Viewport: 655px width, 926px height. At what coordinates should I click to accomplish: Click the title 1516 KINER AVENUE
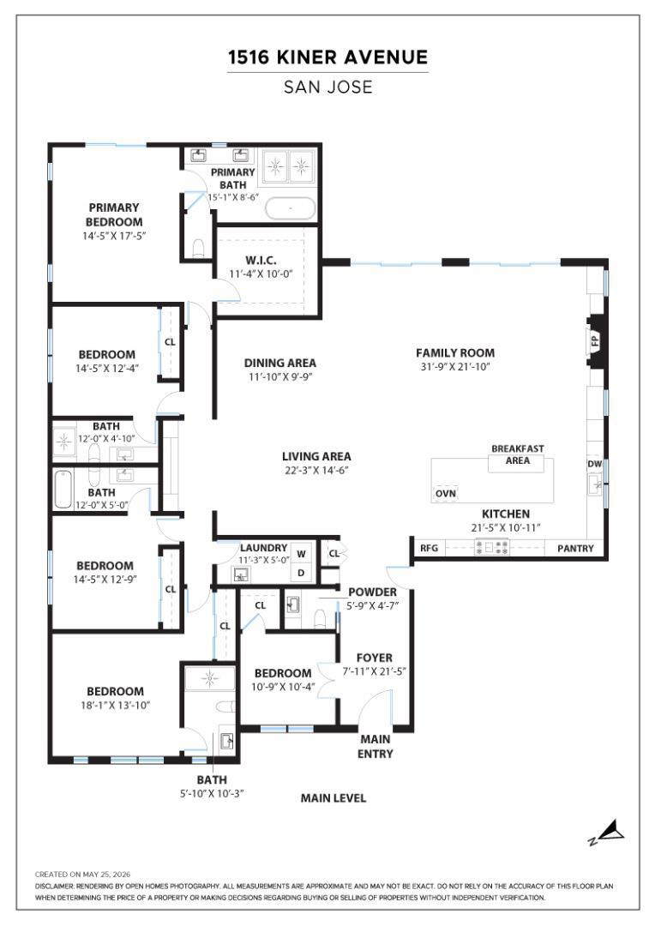coord(327,57)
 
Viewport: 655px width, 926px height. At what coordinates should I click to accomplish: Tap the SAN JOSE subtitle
coord(327,87)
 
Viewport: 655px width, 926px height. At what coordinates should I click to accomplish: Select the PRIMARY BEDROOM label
coord(114,214)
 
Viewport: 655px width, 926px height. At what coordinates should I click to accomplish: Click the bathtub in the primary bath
coord(290,208)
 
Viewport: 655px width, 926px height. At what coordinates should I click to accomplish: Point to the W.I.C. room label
coord(261,260)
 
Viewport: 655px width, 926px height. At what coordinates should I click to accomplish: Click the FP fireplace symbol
coord(595,341)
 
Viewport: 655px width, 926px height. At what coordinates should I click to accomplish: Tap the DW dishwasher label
coord(594,464)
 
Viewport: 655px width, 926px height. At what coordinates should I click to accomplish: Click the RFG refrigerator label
coord(429,548)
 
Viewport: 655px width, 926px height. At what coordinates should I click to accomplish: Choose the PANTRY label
coord(575,549)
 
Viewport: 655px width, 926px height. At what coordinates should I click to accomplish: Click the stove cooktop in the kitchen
coord(492,547)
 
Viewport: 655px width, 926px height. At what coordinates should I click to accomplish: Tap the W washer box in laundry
coord(301,554)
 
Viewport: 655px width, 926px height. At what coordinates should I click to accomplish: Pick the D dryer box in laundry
coord(301,572)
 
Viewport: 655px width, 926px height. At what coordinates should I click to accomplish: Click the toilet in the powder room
coord(320,619)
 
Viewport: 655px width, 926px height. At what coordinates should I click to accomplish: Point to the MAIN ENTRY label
coord(376,747)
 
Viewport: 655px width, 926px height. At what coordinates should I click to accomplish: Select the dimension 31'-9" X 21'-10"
coord(454,367)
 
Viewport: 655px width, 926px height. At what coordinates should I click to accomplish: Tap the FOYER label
coord(375,658)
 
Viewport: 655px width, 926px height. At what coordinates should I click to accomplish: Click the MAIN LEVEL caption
coord(334,798)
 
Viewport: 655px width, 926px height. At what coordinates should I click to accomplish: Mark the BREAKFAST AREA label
coord(517,454)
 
